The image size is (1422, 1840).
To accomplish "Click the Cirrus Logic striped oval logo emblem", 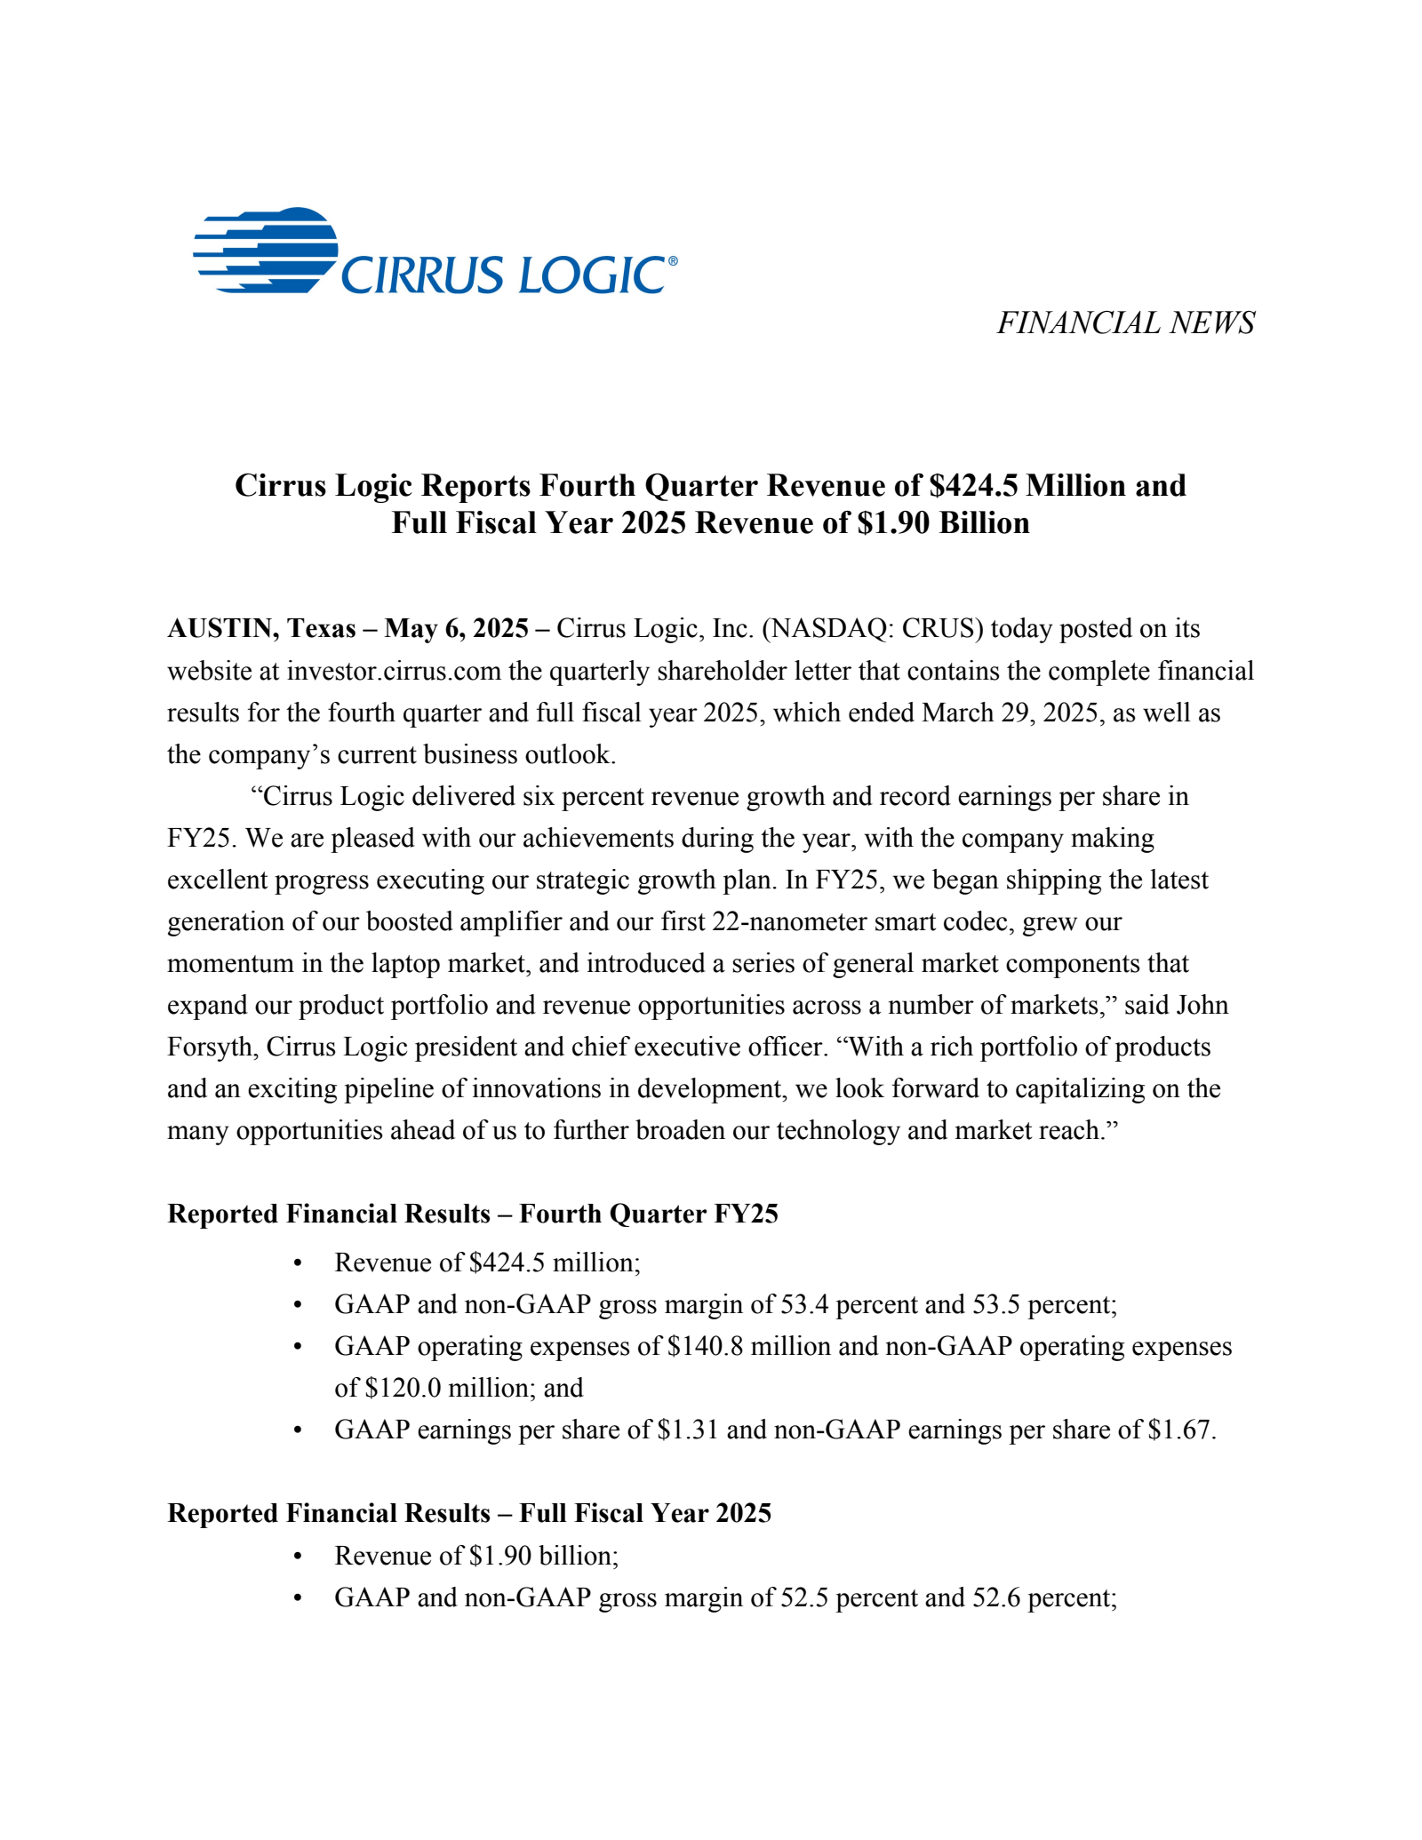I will (265, 251).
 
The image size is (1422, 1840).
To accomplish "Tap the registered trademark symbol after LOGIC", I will (672, 261).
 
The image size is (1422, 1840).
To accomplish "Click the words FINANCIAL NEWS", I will (1125, 323).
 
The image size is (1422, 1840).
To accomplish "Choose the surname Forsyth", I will (211, 1047).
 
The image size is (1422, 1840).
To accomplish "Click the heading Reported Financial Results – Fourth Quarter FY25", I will (472, 1214).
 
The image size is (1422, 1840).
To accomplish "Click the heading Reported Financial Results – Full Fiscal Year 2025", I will (468, 1513).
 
